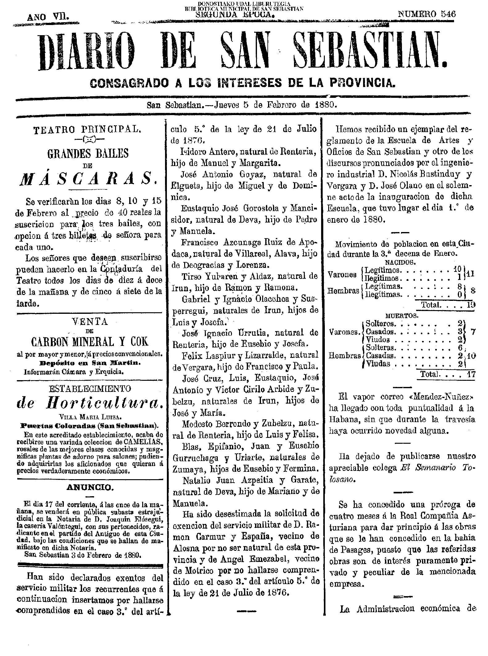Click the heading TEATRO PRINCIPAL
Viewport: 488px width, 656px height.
(x=87, y=130)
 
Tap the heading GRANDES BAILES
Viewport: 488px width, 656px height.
(x=88, y=153)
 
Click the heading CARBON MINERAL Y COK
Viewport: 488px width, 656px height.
(x=90, y=341)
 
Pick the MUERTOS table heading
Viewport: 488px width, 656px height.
(x=402, y=316)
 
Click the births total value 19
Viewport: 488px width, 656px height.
(x=470, y=305)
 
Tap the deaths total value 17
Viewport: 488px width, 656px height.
(x=471, y=374)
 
